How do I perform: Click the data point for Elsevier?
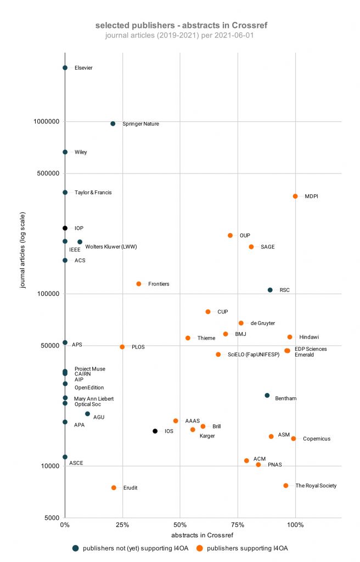point(65,68)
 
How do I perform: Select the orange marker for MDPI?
point(295,196)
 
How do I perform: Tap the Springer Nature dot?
point(113,123)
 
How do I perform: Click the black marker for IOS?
point(155,431)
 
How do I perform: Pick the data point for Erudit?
point(114,487)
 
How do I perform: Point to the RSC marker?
point(270,290)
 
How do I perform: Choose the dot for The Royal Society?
point(286,485)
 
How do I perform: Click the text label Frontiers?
point(159,284)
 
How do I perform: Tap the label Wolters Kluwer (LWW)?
point(111,247)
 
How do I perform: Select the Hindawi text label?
point(310,337)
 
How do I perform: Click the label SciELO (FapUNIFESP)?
point(254,355)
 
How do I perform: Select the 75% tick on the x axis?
point(238,525)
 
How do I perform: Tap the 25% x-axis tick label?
point(122,525)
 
